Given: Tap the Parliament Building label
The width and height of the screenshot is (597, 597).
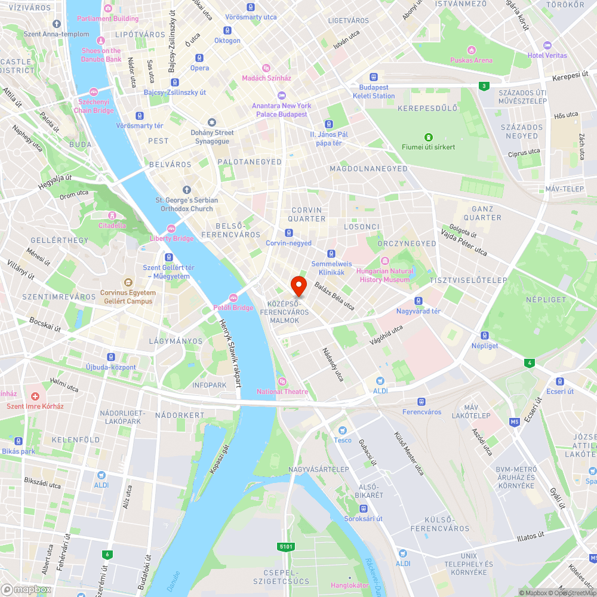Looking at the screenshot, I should tap(107, 19).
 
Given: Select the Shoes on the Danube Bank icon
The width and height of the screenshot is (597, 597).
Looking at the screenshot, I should tap(101, 41).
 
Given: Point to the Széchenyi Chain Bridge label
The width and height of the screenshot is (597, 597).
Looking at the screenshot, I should tap(94, 106).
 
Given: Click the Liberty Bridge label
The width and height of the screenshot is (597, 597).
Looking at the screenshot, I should tap(171, 238).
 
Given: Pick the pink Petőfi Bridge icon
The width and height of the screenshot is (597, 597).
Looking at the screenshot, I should tap(234, 298).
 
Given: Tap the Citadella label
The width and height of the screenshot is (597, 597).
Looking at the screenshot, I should tap(112, 226).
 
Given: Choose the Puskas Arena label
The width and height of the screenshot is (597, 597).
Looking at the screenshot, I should tap(472, 60).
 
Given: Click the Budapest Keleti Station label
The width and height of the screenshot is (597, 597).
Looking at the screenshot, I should tap(374, 91).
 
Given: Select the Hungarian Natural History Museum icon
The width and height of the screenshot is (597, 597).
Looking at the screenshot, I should tap(385, 261).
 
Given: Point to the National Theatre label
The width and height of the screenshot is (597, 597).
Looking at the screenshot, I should tap(282, 392).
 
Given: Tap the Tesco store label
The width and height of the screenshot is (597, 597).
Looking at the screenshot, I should tap(343, 440).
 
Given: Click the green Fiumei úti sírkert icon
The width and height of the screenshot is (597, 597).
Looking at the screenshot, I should tap(428, 137).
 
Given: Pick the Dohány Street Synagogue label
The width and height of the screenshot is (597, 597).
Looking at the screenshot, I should tap(212, 137).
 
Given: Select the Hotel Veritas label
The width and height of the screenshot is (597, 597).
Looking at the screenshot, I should tap(547, 56).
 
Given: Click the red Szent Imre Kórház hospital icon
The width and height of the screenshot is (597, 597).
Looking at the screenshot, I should tap(35, 396).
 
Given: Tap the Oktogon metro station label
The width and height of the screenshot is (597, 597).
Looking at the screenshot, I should tap(227, 41).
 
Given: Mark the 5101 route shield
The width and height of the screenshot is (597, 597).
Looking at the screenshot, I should tap(286, 546).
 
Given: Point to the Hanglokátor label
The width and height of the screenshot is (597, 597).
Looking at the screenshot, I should tap(350, 585).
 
